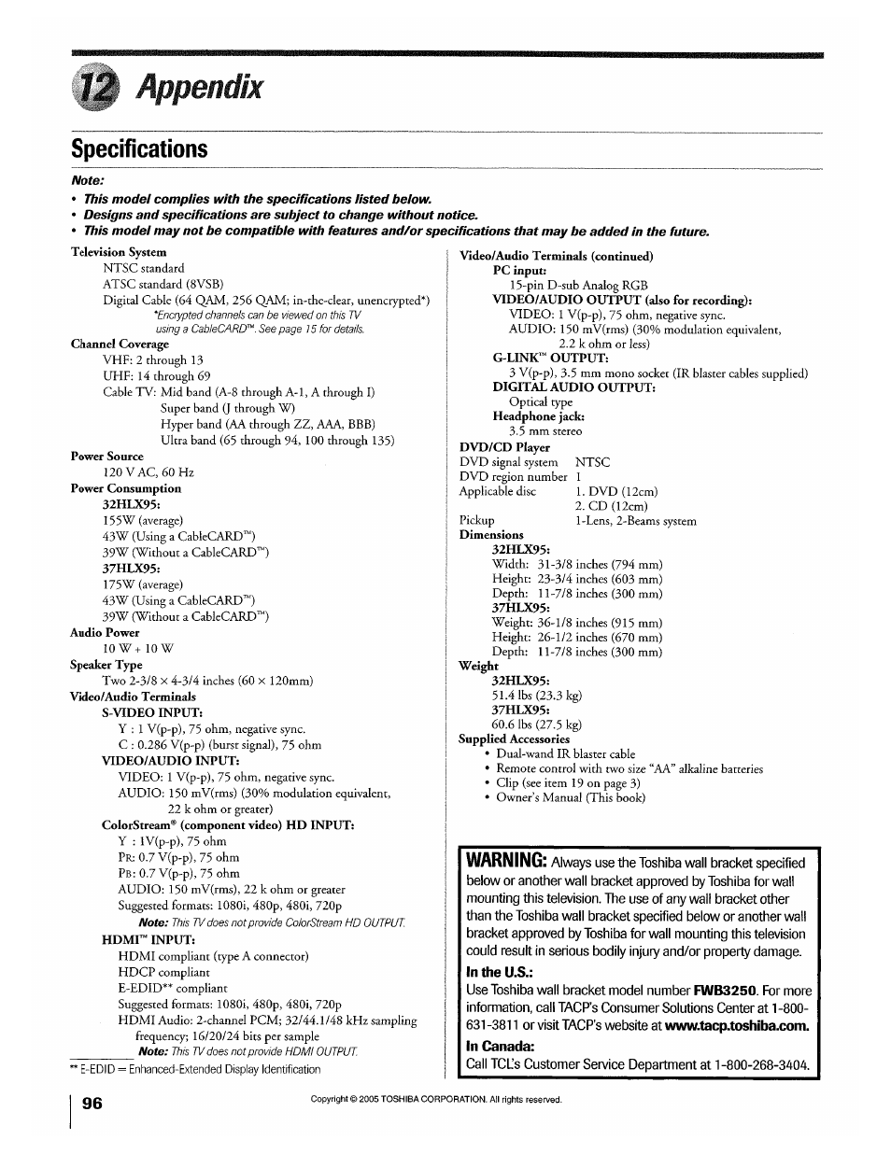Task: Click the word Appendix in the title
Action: pyautogui.click(x=198, y=88)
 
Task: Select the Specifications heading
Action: pyautogui.click(x=139, y=149)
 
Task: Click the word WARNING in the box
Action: pyautogui.click(x=506, y=860)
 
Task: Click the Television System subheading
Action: pyautogui.click(x=119, y=252)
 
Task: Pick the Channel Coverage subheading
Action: pyautogui.click(x=120, y=344)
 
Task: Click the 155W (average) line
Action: pyautogui.click(x=143, y=520)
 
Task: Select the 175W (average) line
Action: pyautogui.click(x=143, y=584)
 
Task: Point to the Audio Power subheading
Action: pyautogui.click(x=105, y=632)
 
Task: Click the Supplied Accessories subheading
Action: pyautogui.click(x=514, y=739)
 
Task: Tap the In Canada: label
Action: pyautogui.click(x=500, y=1046)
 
